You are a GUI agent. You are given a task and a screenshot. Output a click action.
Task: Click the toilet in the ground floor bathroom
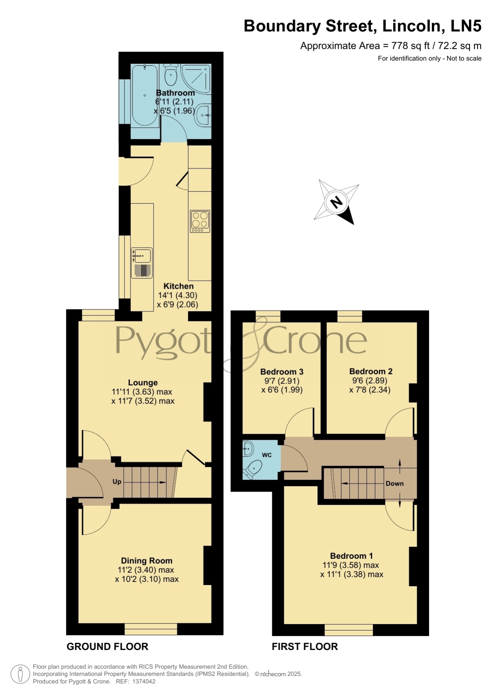pyautogui.click(x=171, y=74)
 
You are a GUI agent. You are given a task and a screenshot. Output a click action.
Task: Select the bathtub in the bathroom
pyautogui.click(x=145, y=96)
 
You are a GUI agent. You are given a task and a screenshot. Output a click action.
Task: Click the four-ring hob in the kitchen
pyautogui.click(x=200, y=221)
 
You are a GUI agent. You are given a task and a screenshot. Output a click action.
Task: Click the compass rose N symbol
pyautogui.click(x=337, y=202)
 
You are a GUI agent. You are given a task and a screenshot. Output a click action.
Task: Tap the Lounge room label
pyautogui.click(x=143, y=383)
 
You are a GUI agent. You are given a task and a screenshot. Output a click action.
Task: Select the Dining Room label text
pyautogui.click(x=146, y=561)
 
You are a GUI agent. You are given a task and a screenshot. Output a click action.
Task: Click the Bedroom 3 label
pyautogui.click(x=282, y=372)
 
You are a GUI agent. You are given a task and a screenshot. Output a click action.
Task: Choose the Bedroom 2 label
pyautogui.click(x=371, y=371)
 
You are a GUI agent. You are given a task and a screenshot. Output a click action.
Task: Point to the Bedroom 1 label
pyautogui.click(x=351, y=556)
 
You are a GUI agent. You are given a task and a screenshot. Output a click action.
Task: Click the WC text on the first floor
pyautogui.click(x=267, y=455)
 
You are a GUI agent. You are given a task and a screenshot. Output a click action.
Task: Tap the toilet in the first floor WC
pyautogui.click(x=252, y=469)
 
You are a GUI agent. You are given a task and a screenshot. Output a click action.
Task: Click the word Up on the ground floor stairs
pyautogui.click(x=117, y=482)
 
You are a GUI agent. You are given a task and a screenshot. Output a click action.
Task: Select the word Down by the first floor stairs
pyautogui.click(x=394, y=484)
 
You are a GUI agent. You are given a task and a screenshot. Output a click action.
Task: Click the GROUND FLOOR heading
pyautogui.click(x=107, y=646)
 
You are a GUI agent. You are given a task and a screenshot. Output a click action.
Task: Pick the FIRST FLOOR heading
pyautogui.click(x=305, y=646)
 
